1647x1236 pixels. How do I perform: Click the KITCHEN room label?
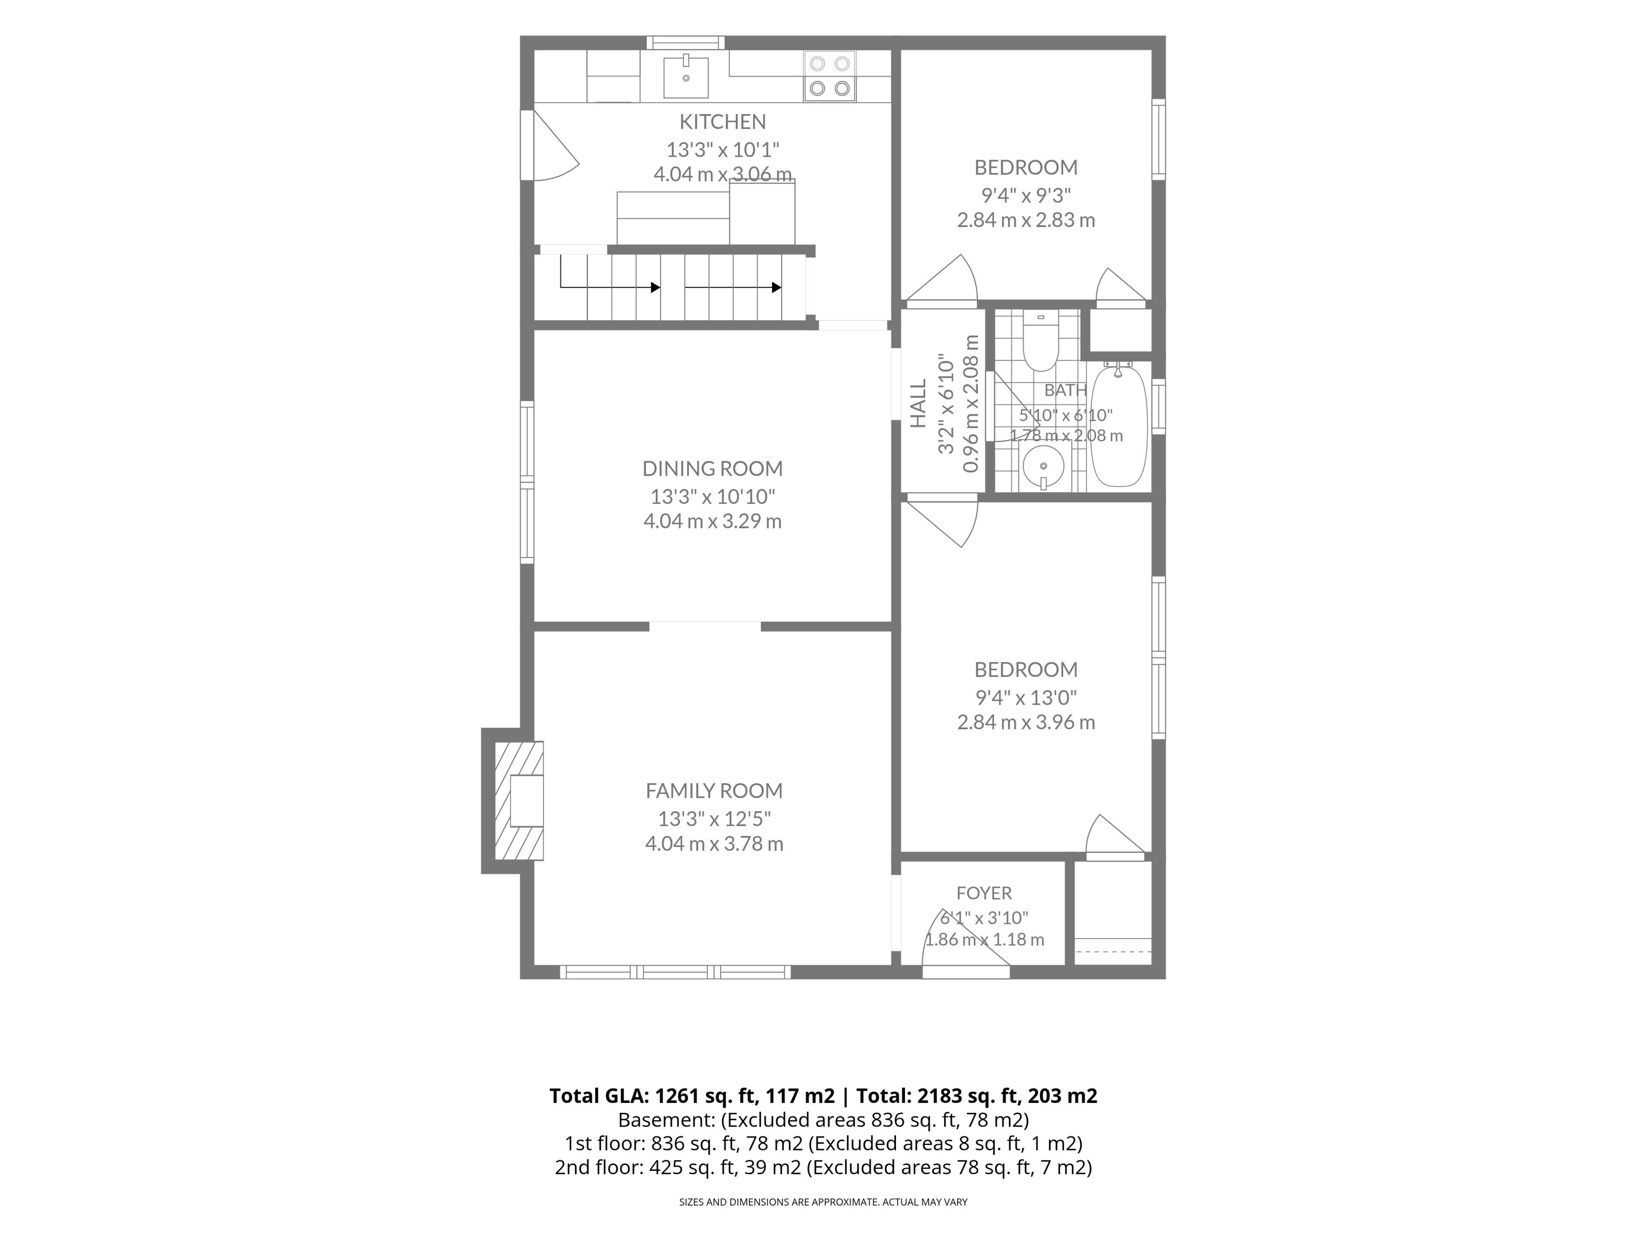722,121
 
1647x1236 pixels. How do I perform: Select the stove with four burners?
830,76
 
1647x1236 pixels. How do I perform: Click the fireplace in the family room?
519,801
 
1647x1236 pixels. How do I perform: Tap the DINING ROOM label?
712,469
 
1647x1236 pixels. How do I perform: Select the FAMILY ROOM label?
714,791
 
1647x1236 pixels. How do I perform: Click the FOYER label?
983,893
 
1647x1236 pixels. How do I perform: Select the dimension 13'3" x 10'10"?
712,496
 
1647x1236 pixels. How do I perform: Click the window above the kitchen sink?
685,42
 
